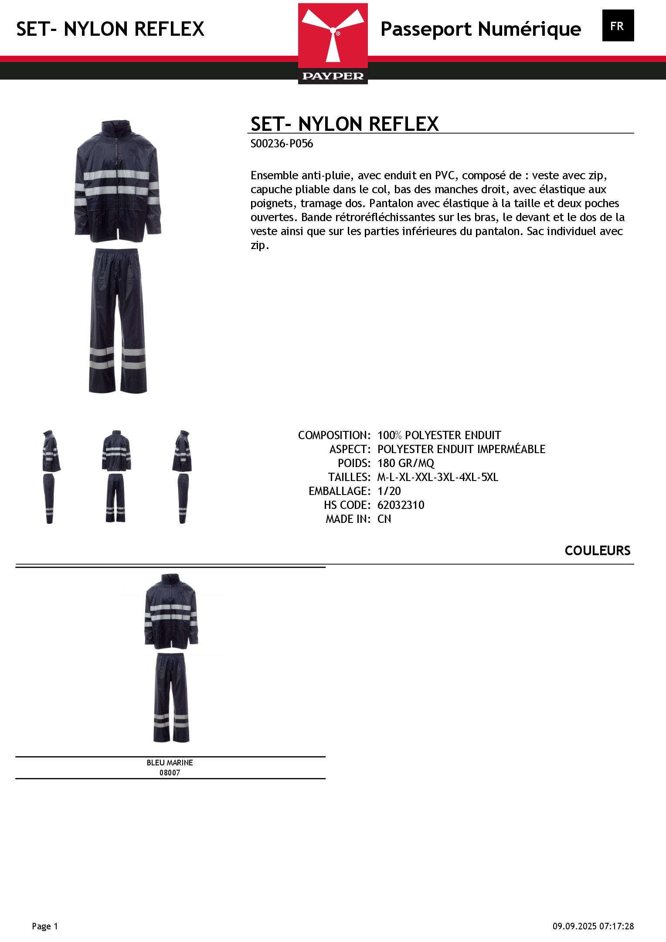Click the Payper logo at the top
point(333,44)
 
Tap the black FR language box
point(618,26)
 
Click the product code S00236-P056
point(282,143)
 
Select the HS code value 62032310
point(401,505)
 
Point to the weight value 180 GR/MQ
point(406,463)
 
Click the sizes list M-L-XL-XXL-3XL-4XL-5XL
point(438,477)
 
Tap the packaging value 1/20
point(389,491)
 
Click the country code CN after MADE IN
point(384,519)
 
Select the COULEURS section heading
point(597,550)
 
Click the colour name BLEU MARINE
point(170,763)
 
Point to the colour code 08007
point(170,773)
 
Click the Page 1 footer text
point(45,926)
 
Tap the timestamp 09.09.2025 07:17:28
point(593,926)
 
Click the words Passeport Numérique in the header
point(480,29)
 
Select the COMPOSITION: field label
point(334,435)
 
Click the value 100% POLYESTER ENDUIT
point(439,435)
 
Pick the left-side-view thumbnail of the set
point(51,476)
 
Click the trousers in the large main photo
point(118,321)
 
